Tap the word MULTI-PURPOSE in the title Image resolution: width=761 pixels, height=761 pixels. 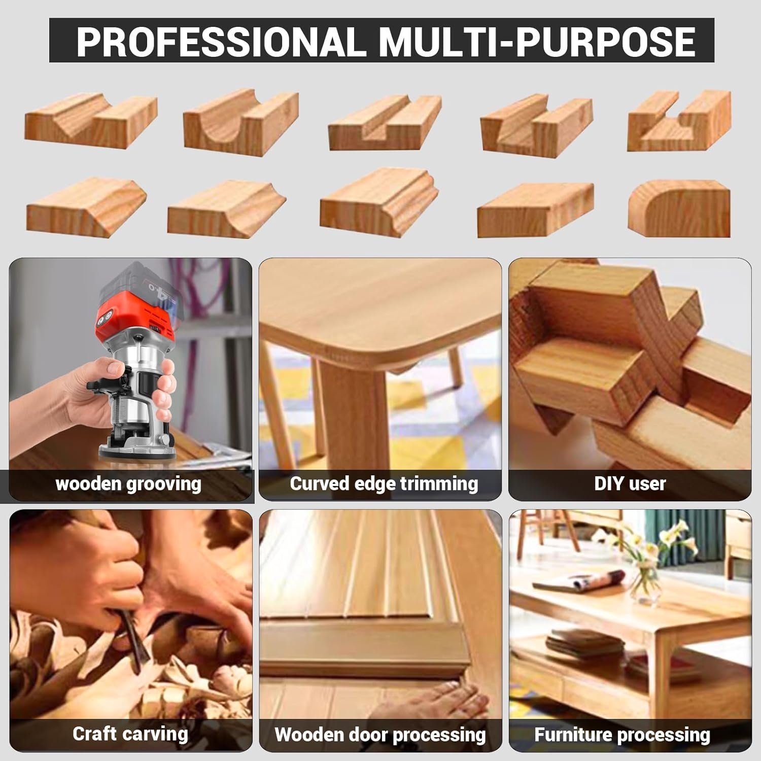pos(537,41)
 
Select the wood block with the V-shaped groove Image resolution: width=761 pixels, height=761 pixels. pos(91,121)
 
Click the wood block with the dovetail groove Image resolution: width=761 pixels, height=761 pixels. pos(679,121)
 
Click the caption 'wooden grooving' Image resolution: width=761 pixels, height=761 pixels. pos(128,483)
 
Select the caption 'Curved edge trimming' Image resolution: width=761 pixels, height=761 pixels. pos(384,483)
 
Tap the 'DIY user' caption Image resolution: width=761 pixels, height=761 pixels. pos(630,483)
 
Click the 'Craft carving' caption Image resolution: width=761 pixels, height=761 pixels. pos(130,734)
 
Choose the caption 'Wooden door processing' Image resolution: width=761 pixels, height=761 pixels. pos(380,735)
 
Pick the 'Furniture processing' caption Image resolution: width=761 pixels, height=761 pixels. pos(622,735)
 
